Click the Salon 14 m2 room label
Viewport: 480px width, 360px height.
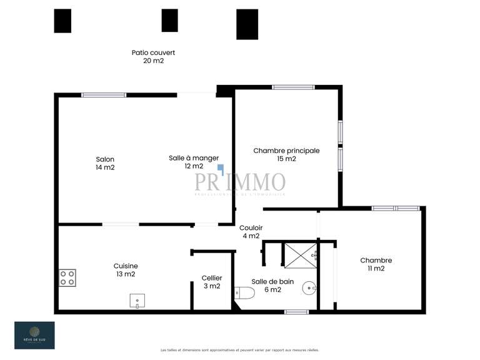[x=105, y=163]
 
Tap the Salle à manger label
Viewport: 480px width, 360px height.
[x=194, y=162]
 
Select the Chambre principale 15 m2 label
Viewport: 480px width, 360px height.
[x=286, y=154]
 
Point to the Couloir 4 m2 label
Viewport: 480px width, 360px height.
[x=251, y=232]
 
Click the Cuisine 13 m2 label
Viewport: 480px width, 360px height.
[x=126, y=269]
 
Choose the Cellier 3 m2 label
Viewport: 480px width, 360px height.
[x=211, y=282]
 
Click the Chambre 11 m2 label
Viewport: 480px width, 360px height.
[x=376, y=264]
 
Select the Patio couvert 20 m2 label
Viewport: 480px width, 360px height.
[x=153, y=57]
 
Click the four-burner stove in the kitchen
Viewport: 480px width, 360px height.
[x=67, y=277]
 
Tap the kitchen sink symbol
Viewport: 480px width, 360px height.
[x=137, y=301]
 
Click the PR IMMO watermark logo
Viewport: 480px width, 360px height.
[x=240, y=182]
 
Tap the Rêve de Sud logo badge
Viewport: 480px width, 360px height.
[x=34, y=336]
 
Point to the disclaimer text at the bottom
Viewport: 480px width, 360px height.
[x=240, y=350]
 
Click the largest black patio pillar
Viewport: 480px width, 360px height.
[x=247, y=24]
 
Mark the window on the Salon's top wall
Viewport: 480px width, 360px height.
[x=104, y=95]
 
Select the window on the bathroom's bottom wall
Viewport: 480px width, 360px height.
[x=296, y=311]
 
